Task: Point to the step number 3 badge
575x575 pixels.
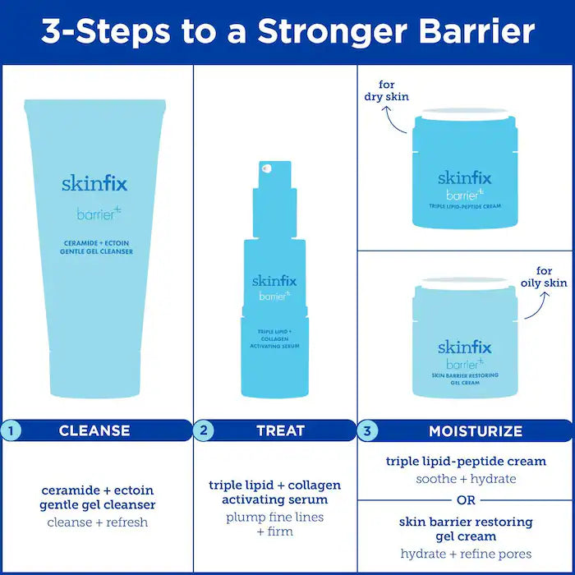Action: (369, 430)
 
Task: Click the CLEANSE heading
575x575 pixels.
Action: (94, 430)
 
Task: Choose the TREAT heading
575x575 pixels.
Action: (280, 430)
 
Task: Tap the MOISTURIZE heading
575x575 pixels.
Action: (475, 430)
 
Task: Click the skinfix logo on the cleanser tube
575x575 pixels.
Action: (94, 183)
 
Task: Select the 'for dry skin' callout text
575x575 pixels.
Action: (387, 90)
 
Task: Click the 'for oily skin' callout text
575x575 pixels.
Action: (544, 277)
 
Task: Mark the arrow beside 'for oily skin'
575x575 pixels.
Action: (534, 306)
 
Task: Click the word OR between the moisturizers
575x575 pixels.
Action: (466, 499)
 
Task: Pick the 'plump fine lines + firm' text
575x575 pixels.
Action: (274, 524)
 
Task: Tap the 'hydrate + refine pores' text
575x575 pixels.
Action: (466, 554)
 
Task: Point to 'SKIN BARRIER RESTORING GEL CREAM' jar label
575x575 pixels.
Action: (465, 379)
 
